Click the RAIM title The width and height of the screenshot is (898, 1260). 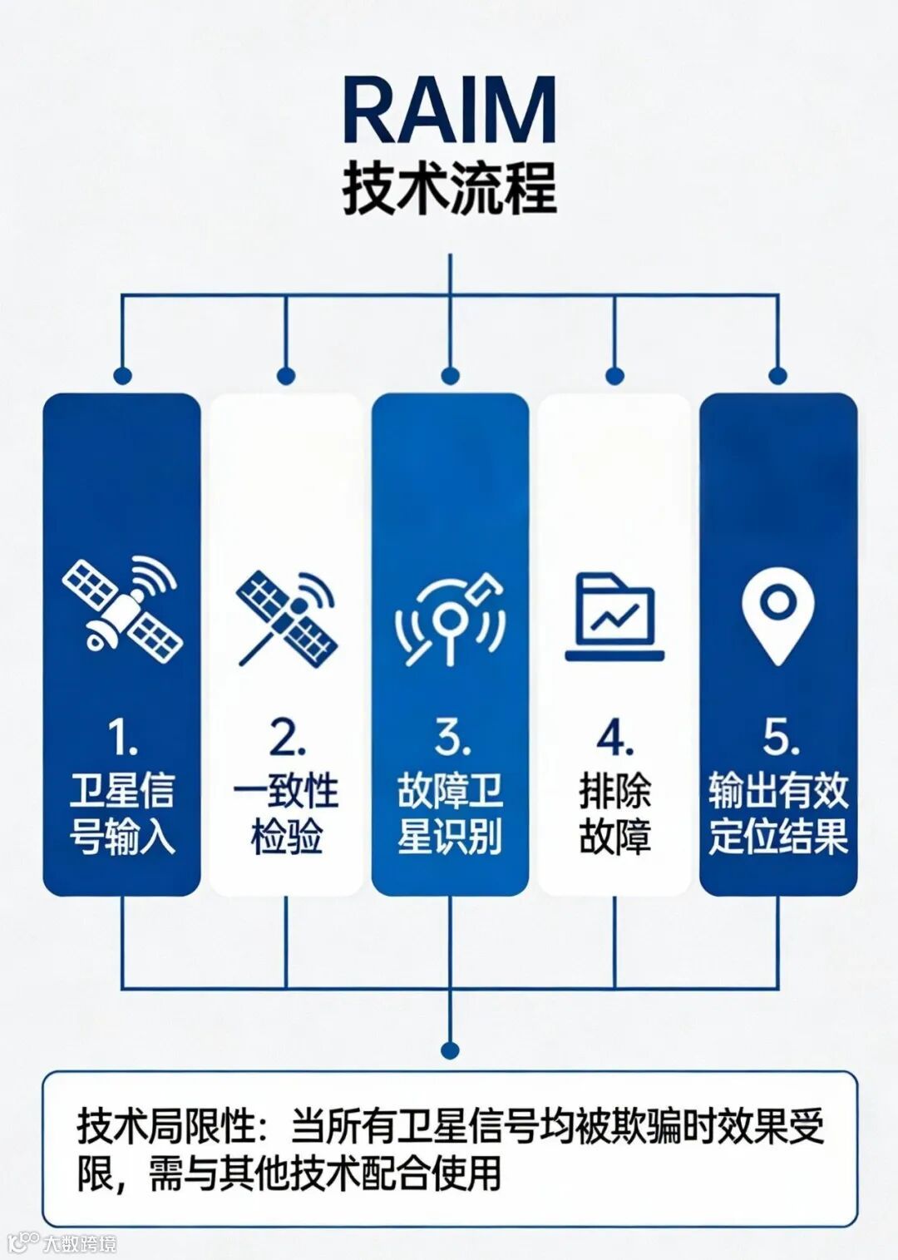pyautogui.click(x=449, y=111)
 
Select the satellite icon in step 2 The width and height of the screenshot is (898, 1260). pyautogui.click(x=286, y=619)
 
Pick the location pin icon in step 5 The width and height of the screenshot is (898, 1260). pyautogui.click(x=777, y=617)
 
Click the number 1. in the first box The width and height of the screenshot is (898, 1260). pyautogui.click(x=122, y=738)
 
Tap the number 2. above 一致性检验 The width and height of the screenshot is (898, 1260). pyautogui.click(x=286, y=738)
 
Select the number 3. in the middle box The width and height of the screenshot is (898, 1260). pyautogui.click(x=450, y=738)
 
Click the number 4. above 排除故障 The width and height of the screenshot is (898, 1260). pyautogui.click(x=614, y=738)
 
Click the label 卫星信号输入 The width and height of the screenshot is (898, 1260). pyautogui.click(x=122, y=813)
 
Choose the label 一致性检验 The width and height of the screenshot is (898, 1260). pyautogui.click(x=286, y=813)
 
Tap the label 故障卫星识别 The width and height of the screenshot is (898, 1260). pyautogui.click(x=450, y=813)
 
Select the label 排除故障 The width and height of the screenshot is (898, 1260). pyautogui.click(x=614, y=813)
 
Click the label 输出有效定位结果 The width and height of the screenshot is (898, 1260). pyautogui.click(x=778, y=813)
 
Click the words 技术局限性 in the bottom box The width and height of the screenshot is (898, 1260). pyautogui.click(x=165, y=1126)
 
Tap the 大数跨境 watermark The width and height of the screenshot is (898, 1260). pyautogui.click(x=79, y=1243)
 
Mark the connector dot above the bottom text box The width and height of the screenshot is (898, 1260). pyautogui.click(x=450, y=1050)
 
